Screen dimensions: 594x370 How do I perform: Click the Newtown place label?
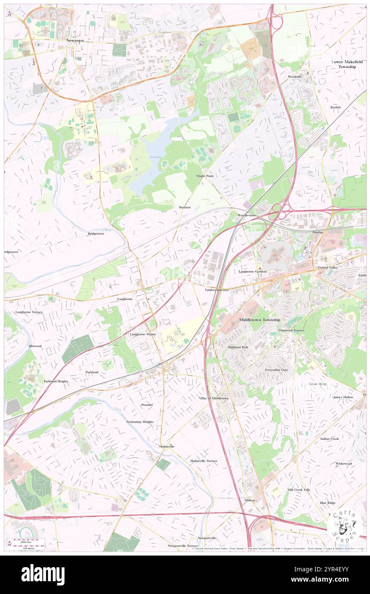pos(75,40)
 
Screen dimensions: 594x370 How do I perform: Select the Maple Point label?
pos(205,176)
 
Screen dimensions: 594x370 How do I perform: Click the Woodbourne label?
pos(247,215)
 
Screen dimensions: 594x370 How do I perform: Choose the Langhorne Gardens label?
pos(253,271)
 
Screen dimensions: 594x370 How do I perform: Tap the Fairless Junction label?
pos(217,290)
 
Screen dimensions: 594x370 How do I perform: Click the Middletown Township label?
pos(260,320)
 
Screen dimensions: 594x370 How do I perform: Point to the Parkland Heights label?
pos(56,381)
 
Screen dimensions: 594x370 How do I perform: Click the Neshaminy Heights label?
pos(140,422)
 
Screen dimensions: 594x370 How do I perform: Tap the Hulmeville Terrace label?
pos(204,461)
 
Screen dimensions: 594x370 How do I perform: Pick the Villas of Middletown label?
pos(214,398)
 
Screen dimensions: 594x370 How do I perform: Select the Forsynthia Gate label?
pos(276,370)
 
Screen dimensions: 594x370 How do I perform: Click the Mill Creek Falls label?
pos(299,489)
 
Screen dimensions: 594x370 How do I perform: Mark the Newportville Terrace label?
pos(182,546)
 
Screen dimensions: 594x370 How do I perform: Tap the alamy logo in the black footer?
pos(43,574)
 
